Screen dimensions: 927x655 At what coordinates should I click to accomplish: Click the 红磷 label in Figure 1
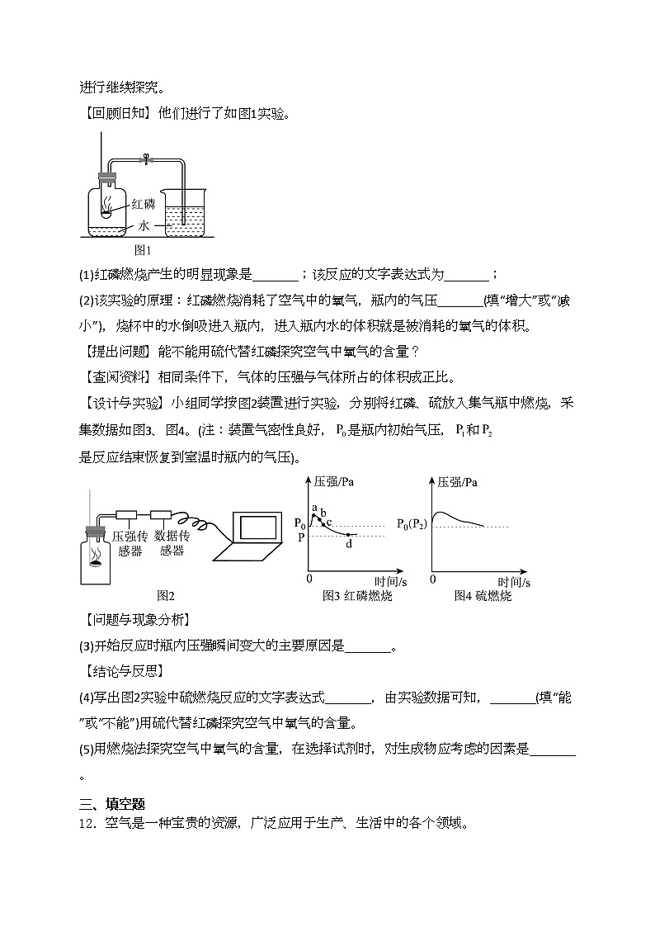[x=143, y=204]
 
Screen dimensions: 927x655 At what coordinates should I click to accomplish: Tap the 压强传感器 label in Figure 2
[x=130, y=543]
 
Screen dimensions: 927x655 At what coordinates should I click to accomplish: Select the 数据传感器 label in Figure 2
[x=172, y=543]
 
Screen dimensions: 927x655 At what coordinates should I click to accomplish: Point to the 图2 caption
[x=165, y=595]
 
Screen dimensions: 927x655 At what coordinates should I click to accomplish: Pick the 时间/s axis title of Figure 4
[x=506, y=581]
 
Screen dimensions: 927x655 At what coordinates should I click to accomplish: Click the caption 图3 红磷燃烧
[x=357, y=595]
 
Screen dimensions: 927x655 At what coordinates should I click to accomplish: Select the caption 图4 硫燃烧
[x=483, y=595]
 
